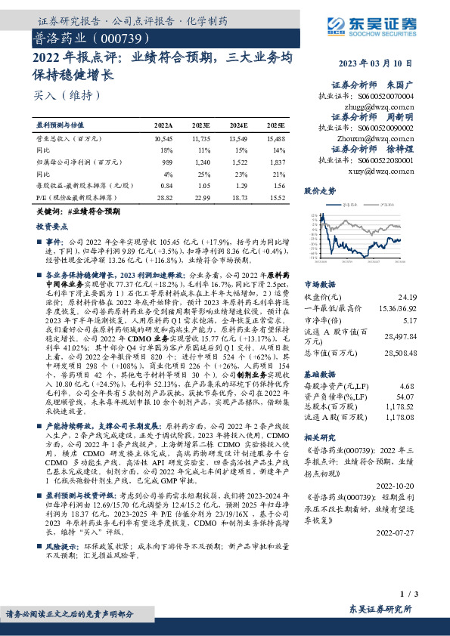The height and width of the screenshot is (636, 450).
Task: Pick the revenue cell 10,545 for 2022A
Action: pyautogui.click(x=163, y=140)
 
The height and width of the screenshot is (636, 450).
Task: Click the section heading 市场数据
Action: pyautogui.click(x=321, y=285)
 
